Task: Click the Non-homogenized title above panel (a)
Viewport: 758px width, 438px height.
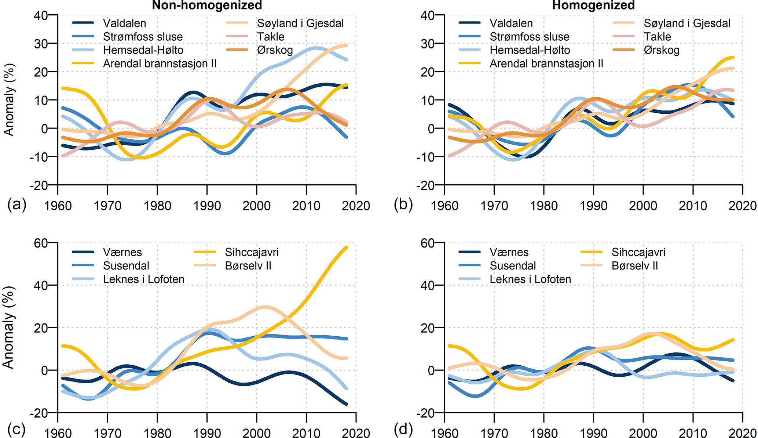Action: point(207,5)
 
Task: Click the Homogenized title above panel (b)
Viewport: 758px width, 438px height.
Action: point(593,5)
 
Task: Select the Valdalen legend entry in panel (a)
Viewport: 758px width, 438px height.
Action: point(124,23)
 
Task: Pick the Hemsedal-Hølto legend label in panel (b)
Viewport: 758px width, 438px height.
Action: point(530,50)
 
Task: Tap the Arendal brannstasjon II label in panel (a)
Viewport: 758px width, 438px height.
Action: point(160,64)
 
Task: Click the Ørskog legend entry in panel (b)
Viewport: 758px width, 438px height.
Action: point(662,50)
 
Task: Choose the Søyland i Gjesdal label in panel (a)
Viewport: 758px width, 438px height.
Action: point(300,23)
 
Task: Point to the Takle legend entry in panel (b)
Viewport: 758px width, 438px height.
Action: point(658,37)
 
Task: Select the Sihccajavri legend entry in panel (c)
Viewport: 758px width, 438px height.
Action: point(252,252)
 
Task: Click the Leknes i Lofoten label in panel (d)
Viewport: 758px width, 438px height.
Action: point(530,279)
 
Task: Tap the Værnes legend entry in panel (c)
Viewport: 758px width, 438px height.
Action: point(122,252)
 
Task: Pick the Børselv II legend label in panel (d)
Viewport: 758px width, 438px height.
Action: point(635,266)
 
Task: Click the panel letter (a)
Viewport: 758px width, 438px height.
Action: point(17,204)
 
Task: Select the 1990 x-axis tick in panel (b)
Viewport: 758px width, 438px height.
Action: point(593,206)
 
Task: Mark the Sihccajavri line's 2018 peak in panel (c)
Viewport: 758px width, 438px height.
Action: point(346,247)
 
